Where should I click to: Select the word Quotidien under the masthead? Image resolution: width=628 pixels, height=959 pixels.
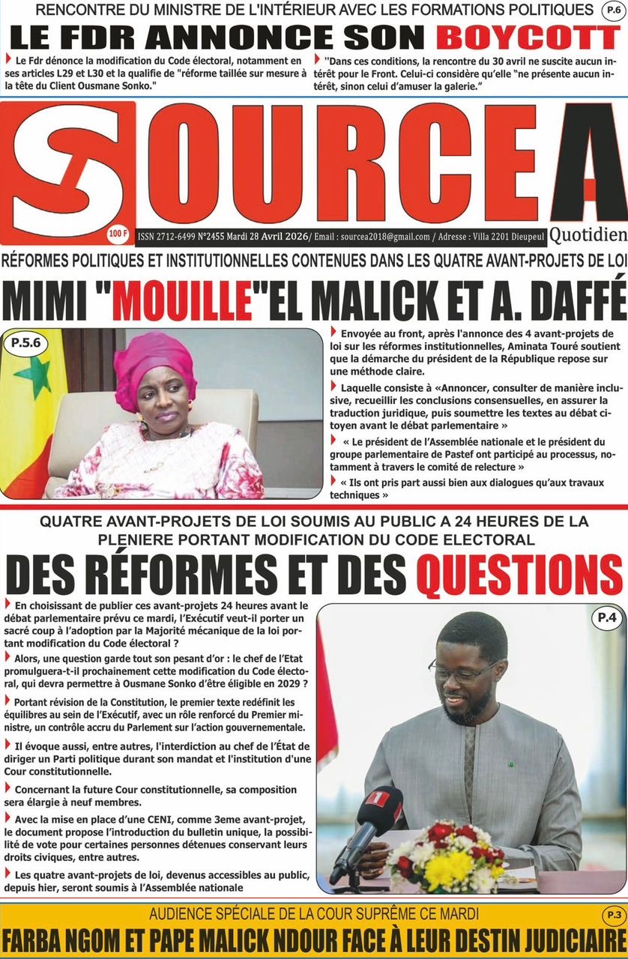click(x=588, y=236)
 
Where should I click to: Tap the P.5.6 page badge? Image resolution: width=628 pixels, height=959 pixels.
click(x=26, y=345)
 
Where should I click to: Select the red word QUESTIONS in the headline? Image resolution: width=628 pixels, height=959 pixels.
click(x=519, y=575)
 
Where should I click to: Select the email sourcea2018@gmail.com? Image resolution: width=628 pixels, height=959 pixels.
click(x=385, y=237)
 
